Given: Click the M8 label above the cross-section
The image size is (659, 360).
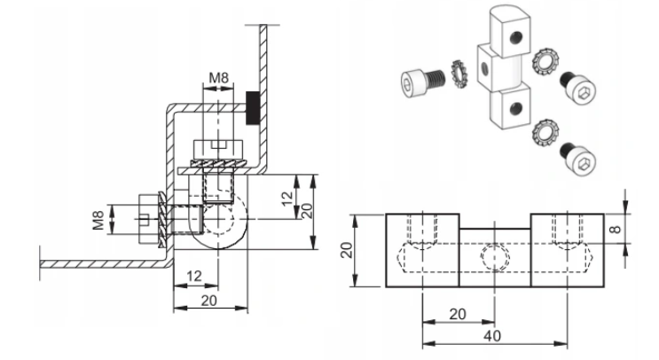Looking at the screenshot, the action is click(218, 78).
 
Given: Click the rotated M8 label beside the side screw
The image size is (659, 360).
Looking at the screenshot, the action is click(98, 220).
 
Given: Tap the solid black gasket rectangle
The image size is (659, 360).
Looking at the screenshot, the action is click(252, 107).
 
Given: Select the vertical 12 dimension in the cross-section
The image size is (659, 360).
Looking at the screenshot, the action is click(287, 199).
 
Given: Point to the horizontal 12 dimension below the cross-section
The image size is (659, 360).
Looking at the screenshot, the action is click(193, 277).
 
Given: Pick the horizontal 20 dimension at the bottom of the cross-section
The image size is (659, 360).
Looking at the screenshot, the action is click(209, 301).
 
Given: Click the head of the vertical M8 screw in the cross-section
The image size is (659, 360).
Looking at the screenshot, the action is click(218, 149).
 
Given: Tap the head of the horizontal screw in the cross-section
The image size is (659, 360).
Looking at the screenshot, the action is click(147, 218).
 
